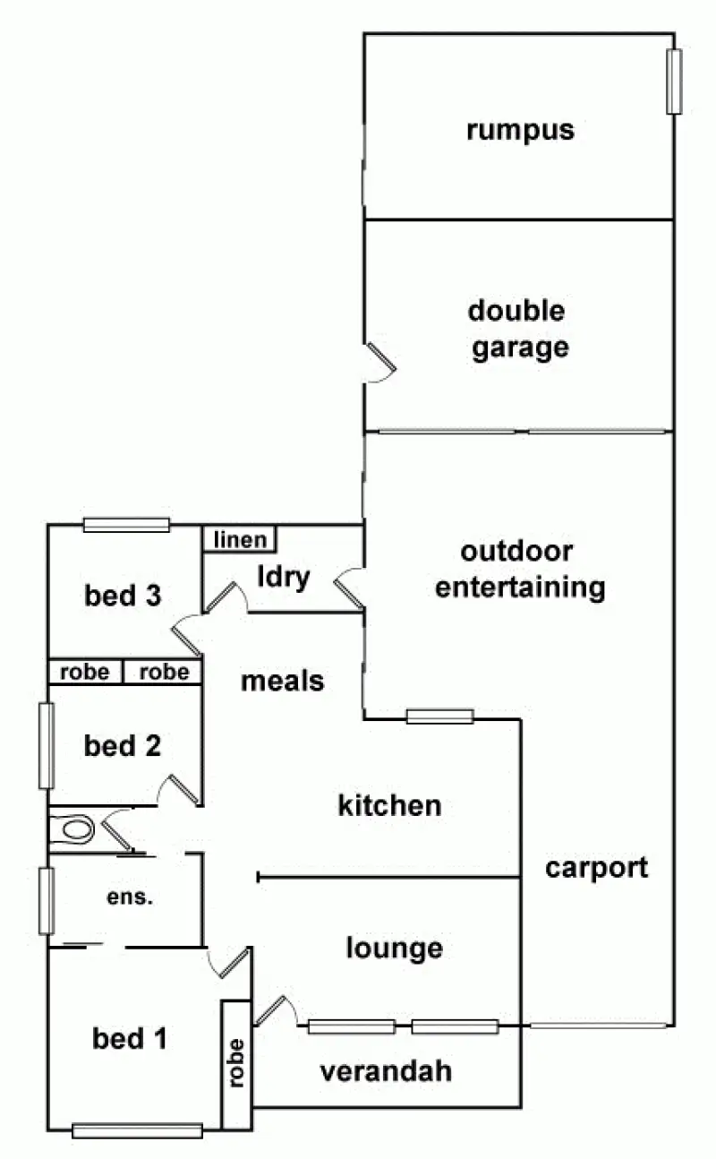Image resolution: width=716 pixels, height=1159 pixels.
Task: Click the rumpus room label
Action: (x=519, y=131)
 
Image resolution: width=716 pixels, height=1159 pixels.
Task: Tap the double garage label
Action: (x=517, y=329)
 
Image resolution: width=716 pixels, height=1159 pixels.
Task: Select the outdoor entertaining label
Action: (x=519, y=570)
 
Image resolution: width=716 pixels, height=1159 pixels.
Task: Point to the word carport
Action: (x=596, y=867)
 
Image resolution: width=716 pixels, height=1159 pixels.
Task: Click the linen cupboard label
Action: (x=240, y=539)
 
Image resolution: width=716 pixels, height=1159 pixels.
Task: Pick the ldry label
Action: (x=283, y=577)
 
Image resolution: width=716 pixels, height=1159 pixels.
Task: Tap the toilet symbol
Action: (x=73, y=829)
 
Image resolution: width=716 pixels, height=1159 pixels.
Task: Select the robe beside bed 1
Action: (x=236, y=1063)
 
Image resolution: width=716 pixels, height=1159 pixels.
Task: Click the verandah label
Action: (x=386, y=1070)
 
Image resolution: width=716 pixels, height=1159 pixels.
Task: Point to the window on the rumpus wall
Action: (x=674, y=82)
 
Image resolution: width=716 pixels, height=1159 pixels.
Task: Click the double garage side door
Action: (x=379, y=363)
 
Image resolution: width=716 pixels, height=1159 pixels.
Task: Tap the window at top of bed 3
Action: (x=126, y=526)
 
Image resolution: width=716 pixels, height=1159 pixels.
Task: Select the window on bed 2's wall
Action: (x=46, y=745)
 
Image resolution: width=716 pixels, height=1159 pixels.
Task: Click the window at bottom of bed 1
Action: (x=137, y=1130)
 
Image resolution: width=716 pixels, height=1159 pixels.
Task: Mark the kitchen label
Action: (x=389, y=805)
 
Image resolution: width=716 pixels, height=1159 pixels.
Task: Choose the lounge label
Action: (x=395, y=948)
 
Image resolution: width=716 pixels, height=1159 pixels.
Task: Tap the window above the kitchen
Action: (x=439, y=717)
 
